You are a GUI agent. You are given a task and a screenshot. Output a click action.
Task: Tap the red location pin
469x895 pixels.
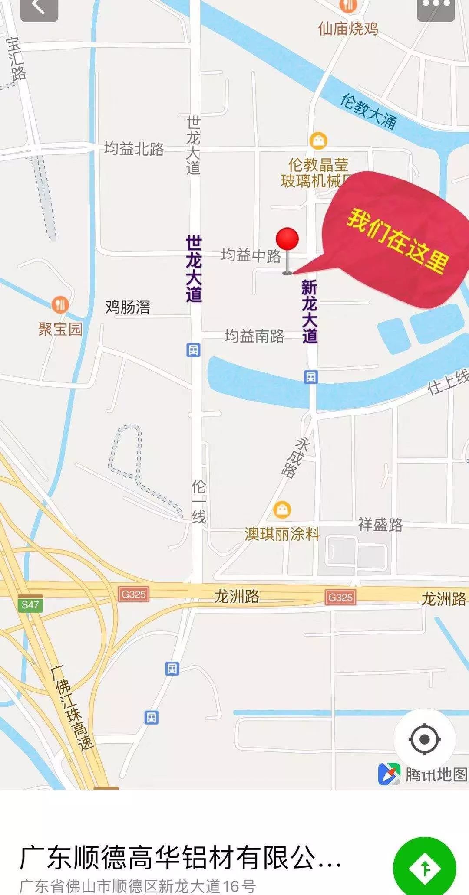point(287,239)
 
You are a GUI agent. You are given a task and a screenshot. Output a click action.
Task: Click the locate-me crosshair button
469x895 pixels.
point(424,739)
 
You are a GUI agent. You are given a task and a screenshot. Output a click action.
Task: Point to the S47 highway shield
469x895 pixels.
point(30,604)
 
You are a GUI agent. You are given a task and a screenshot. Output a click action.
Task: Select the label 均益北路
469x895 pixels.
point(134,149)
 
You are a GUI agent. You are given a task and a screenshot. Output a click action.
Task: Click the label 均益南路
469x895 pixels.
point(254,336)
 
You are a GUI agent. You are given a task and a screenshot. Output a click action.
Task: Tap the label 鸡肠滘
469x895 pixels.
point(128,307)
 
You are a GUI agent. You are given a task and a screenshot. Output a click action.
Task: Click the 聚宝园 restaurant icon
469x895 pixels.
point(60,305)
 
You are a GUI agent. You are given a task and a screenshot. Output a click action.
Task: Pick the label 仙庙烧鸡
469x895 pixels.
point(348,29)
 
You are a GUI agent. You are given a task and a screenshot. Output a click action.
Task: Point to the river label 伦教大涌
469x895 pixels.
point(368,111)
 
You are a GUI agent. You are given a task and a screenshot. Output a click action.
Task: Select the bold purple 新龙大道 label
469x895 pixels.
point(310,311)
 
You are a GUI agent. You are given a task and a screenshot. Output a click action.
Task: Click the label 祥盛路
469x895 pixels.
point(380,525)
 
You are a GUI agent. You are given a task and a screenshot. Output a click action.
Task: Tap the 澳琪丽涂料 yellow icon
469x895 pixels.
point(282,509)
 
